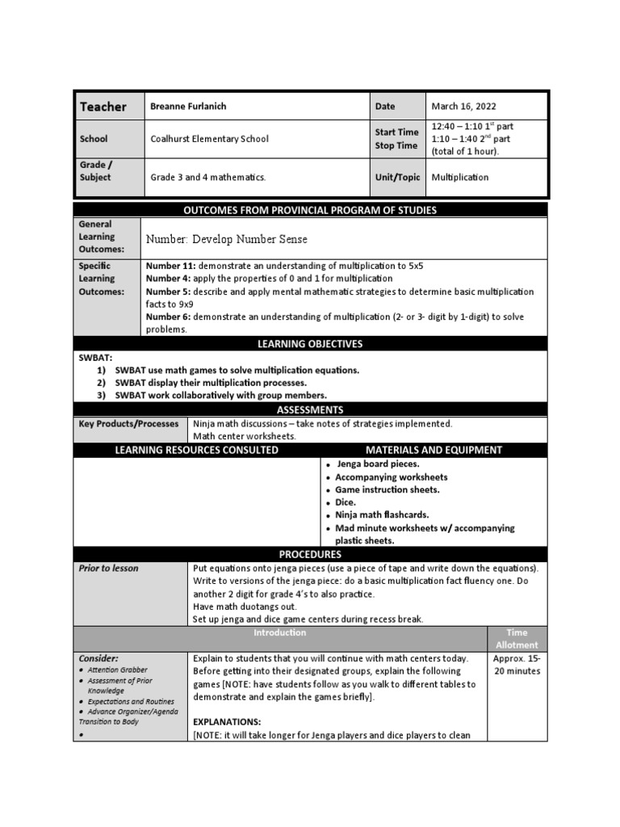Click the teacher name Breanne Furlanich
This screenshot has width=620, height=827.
[187, 107]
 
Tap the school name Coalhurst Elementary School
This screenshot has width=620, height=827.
[209, 139]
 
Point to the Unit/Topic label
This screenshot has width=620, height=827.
[397, 178]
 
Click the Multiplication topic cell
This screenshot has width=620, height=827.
[459, 178]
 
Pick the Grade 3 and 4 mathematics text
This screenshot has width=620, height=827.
[207, 178]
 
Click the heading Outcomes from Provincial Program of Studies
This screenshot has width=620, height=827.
[310, 211]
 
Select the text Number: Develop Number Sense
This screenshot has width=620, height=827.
[226, 239]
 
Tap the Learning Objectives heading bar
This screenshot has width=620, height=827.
[310, 344]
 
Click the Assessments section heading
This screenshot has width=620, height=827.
[310, 409]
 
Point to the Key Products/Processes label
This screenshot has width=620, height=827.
[128, 423]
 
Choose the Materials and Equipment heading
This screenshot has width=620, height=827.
[434, 450]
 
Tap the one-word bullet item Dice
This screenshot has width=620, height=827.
[346, 502]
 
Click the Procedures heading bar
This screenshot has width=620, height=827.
[310, 555]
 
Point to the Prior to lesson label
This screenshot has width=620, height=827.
[108, 569]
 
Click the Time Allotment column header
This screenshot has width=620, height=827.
[517, 639]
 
